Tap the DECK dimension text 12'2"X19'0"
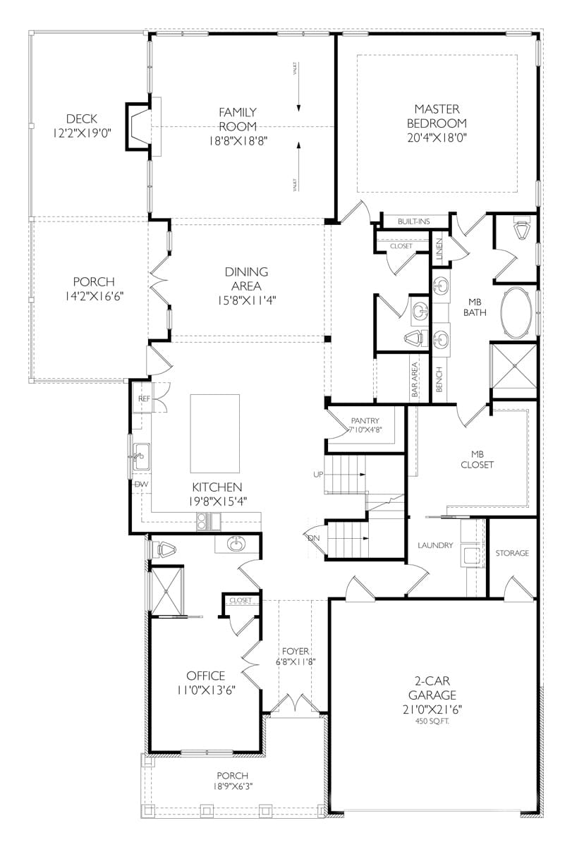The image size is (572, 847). pos(83,132)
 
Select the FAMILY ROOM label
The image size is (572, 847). pos(237,118)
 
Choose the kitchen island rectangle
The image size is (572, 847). pos(215,433)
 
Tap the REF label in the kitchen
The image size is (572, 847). pos(144,398)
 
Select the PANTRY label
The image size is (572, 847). pos(364,421)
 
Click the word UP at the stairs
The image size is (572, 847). pos(317,474)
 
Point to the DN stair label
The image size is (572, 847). pos(314,537)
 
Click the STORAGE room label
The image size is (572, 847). pos(512,553)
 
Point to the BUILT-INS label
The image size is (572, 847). pos(413,221)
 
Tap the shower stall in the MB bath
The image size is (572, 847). pos(514,366)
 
